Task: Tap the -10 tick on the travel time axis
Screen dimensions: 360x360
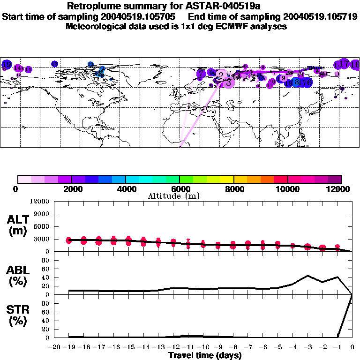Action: tap(203, 347)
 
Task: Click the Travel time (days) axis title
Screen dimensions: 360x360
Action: tap(205, 356)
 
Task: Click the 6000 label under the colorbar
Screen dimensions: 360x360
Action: tap(180, 189)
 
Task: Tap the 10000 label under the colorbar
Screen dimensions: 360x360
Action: tap(287, 189)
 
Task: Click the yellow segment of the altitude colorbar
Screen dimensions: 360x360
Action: tap(227, 179)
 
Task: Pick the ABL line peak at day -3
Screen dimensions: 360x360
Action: tap(307, 276)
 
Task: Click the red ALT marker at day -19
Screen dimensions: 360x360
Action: tap(69, 240)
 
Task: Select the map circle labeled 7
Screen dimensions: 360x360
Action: tap(201, 74)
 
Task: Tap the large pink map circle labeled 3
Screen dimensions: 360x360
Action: tap(228, 83)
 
